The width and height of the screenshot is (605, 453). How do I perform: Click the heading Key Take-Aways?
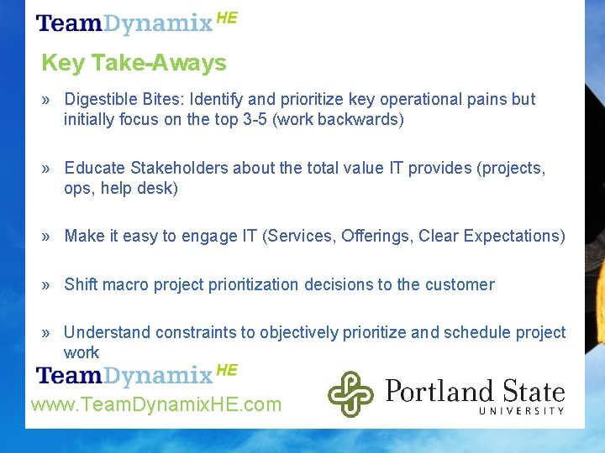point(134,63)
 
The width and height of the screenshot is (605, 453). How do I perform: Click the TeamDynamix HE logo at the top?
point(136,22)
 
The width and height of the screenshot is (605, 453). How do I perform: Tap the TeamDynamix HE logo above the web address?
point(136,374)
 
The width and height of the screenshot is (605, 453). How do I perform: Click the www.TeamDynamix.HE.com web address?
point(156,405)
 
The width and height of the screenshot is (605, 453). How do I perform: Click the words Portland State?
point(475,391)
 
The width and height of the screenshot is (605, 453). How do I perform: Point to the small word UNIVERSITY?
point(521,410)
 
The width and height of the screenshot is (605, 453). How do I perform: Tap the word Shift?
point(81,284)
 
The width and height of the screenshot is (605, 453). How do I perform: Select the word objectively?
point(298,332)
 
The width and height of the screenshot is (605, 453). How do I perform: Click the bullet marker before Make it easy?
point(46,237)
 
